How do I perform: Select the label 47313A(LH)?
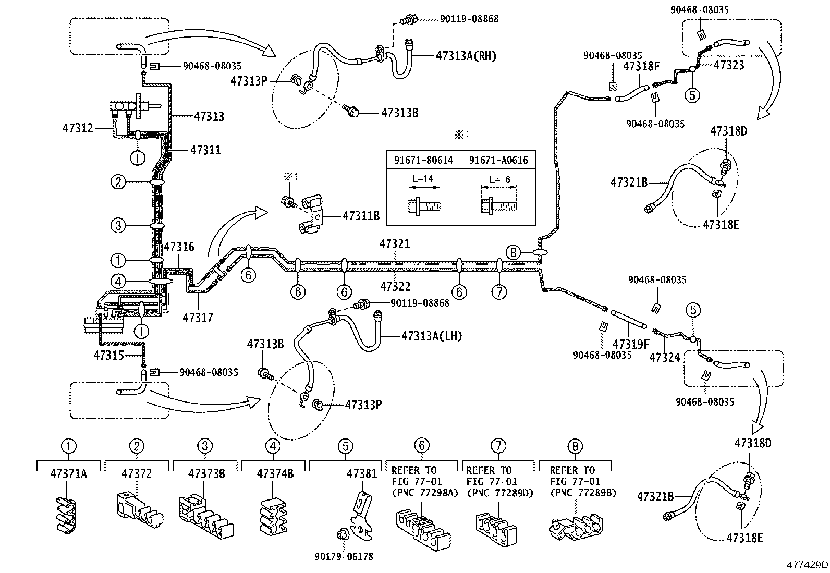pyautogui.click(x=432, y=336)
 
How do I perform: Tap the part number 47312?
pyautogui.click(x=78, y=127)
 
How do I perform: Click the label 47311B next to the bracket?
pyautogui.click(x=361, y=215)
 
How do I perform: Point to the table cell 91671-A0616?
pyautogui.click(x=498, y=161)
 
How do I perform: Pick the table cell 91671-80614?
pyautogui.click(x=423, y=161)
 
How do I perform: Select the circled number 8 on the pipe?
pyautogui.click(x=513, y=253)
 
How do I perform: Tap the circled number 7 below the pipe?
pyautogui.click(x=499, y=291)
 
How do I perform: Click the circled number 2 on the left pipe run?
pyautogui.click(x=118, y=182)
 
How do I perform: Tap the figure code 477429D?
pyautogui.click(x=807, y=565)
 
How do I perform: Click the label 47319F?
pyautogui.click(x=631, y=344)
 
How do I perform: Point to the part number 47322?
pyautogui.click(x=395, y=286)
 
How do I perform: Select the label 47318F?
pyautogui.click(x=642, y=66)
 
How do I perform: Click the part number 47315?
pyautogui.click(x=109, y=355)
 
